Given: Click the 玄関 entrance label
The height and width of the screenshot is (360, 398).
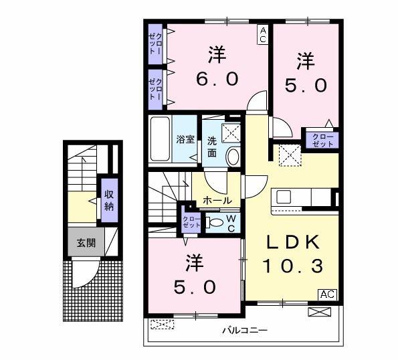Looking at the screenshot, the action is coord(86,243).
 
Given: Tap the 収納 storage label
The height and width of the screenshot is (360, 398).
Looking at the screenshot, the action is coord(109,201).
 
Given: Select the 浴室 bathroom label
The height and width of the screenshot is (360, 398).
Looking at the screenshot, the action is coord(185,139).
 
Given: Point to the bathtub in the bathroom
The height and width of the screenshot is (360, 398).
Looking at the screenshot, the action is coord(160,139).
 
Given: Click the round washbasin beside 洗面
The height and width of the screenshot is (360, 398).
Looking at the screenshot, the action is coord(233,157).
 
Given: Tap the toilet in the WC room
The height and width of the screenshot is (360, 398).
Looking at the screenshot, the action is coord(215,223).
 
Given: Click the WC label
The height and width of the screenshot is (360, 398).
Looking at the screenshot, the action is coord(231,223).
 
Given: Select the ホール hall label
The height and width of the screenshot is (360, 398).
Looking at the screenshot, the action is coord(217,201).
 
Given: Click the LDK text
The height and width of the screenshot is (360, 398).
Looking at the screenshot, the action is coord(292,242).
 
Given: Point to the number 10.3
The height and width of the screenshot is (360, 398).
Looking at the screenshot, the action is coord(293,266).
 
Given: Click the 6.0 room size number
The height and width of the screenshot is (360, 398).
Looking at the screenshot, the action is coord(217,78).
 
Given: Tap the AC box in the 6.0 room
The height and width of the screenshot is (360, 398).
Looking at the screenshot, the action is coord(263,35).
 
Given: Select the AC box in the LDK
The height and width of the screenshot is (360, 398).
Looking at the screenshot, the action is coord(328,294).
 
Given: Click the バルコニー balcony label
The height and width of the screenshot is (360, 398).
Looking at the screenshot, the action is coord(245,331).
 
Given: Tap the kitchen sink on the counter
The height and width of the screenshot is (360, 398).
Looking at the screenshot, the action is coord(284,197).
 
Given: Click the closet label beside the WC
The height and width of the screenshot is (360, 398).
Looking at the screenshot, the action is coord(191,222).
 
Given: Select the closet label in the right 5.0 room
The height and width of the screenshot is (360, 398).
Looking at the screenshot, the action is coord(322,141).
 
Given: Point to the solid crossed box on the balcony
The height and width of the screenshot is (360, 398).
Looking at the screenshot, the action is coord(320,312).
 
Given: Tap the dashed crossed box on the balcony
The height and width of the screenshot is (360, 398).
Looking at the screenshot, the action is coord(163,325).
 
